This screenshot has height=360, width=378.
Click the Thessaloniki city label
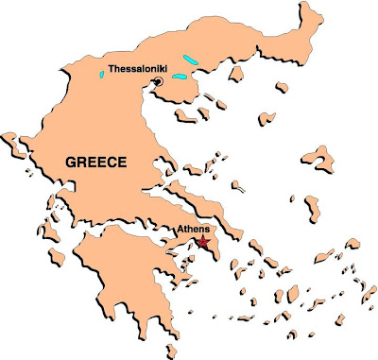click(138, 70)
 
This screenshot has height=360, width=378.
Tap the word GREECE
click(94, 163)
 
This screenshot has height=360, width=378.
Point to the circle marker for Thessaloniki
click(158, 83)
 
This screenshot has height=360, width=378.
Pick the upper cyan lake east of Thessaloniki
click(192, 60)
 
